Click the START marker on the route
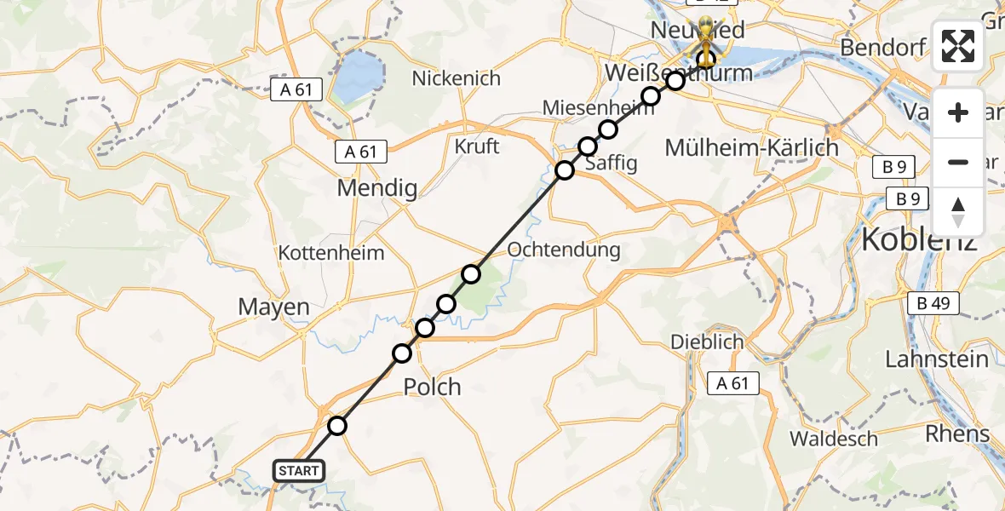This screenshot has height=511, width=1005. (298, 470)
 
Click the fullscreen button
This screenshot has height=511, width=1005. (958, 46)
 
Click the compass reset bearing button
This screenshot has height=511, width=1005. (958, 212)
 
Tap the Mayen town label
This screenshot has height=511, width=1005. (273, 307)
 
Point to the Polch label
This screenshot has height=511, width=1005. (432, 388)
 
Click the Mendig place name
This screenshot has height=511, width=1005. (377, 187)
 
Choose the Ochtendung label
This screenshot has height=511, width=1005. (564, 250)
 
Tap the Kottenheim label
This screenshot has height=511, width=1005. (331, 253)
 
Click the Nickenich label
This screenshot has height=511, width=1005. (456, 78)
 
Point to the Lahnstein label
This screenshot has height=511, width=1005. (937, 359)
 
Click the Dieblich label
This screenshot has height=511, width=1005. (707, 342)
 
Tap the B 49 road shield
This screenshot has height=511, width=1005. (933, 302)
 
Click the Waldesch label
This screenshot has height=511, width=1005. (834, 439)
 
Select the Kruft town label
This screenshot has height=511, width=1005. (477, 146)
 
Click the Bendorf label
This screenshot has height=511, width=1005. (882, 47)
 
